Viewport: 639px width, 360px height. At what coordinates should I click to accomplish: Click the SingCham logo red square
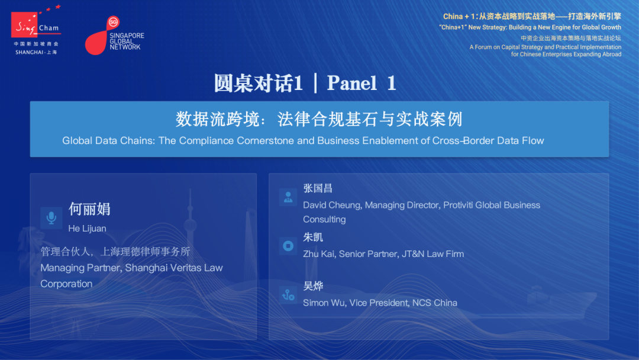pyautogui.click(x=24, y=24)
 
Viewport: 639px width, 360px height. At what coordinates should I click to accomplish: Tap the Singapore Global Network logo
pyautogui.click(x=115, y=36)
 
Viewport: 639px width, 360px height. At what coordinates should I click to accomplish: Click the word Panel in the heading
pyautogui.click(x=351, y=83)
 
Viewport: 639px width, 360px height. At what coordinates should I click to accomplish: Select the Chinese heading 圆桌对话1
pyautogui.click(x=259, y=83)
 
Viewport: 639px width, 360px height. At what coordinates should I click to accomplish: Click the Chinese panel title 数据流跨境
pyautogui.click(x=218, y=120)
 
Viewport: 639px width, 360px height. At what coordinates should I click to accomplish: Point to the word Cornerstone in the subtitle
pyautogui.click(x=265, y=141)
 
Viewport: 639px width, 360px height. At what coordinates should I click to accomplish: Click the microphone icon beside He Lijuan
pyautogui.click(x=51, y=218)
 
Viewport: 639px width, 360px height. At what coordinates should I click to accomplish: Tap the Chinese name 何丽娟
pyautogui.click(x=89, y=209)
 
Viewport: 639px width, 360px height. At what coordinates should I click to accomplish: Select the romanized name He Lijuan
pyautogui.click(x=87, y=229)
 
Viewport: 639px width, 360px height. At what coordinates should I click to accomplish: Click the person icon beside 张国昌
pyautogui.click(x=288, y=197)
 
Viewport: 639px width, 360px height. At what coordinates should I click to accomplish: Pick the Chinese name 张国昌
pyautogui.click(x=318, y=188)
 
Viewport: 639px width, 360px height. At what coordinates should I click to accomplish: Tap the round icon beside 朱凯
pyautogui.click(x=288, y=246)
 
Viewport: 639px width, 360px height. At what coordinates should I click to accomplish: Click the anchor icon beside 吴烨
pyautogui.click(x=288, y=295)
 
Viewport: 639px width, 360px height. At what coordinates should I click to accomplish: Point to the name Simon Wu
pyautogui.click(x=324, y=303)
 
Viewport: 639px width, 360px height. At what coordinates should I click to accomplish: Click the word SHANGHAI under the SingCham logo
pyautogui.click(x=30, y=52)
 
